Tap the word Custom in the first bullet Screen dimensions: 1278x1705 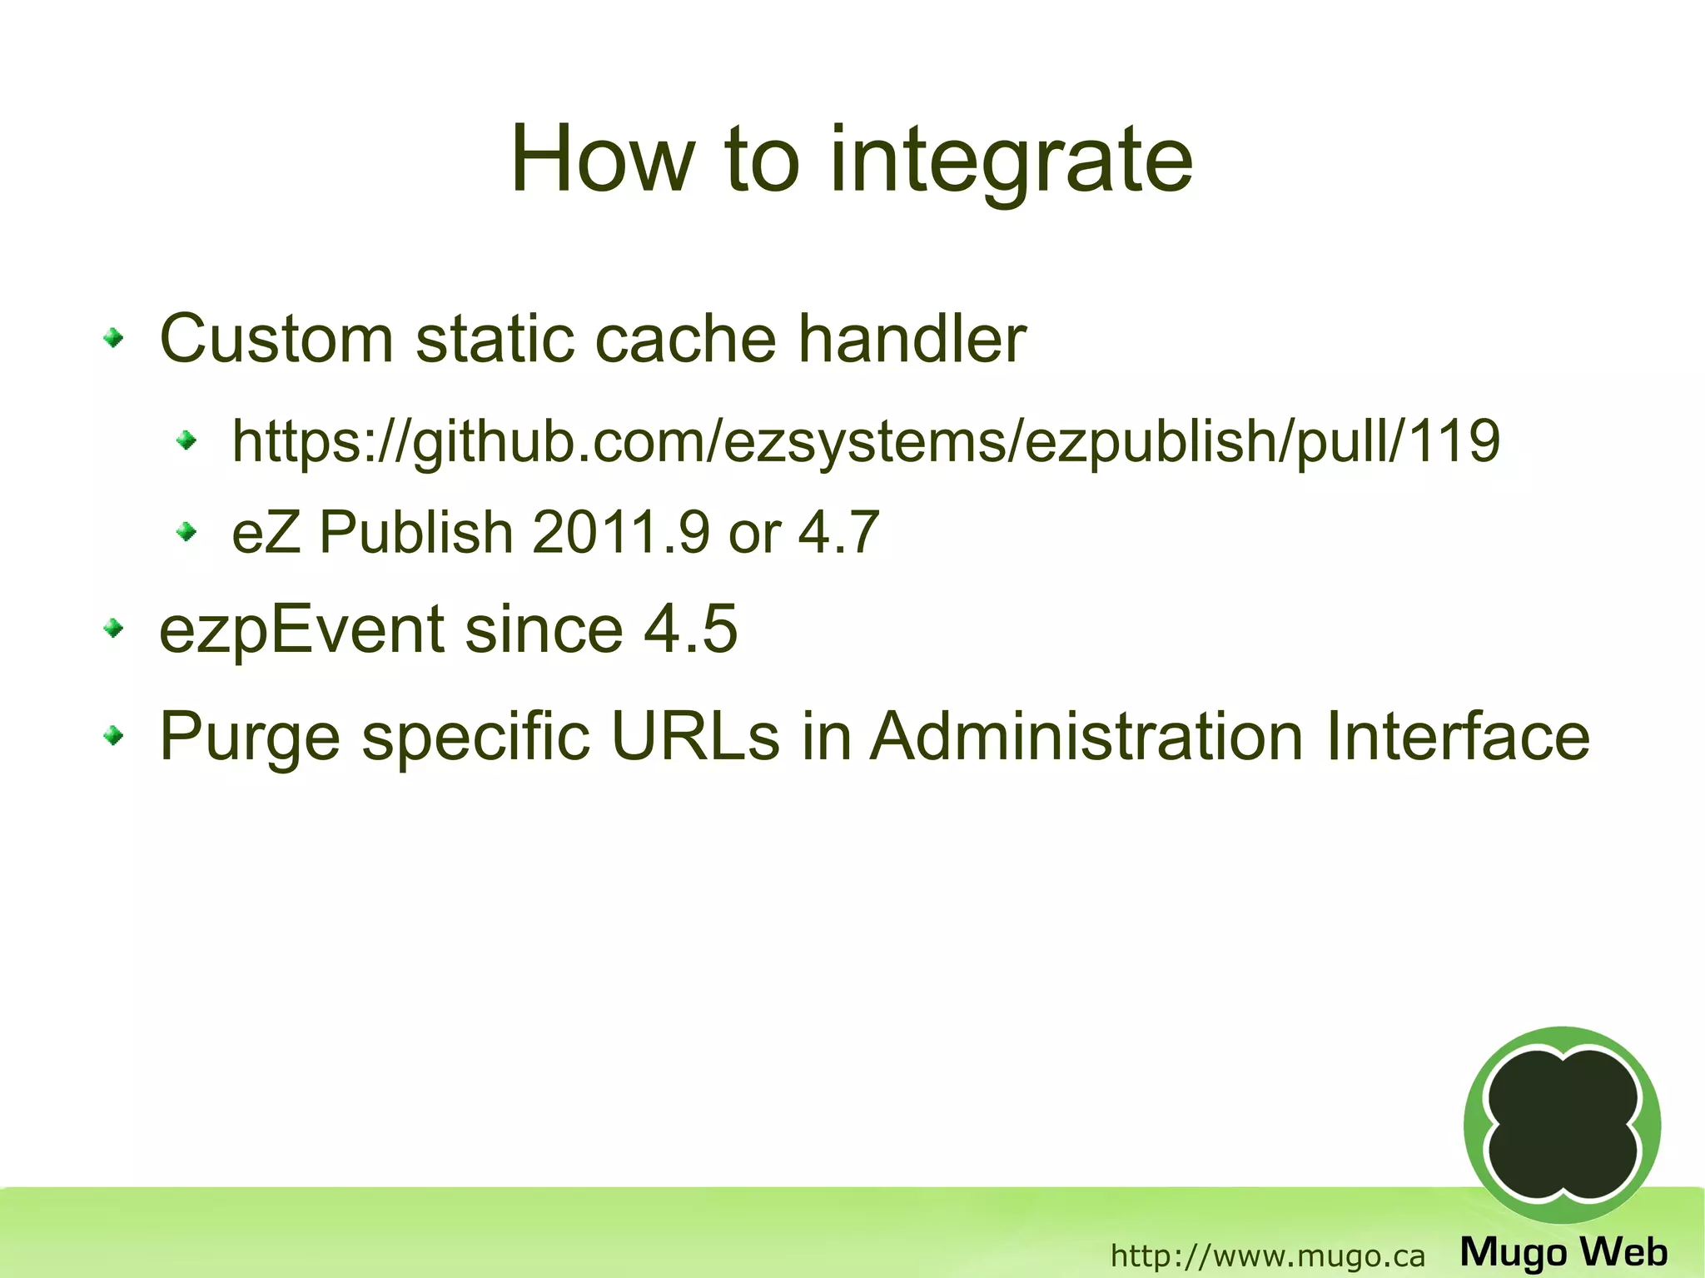click(x=276, y=339)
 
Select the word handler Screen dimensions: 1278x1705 click(x=912, y=339)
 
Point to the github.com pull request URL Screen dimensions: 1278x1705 click(x=866, y=441)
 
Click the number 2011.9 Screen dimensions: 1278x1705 click(x=620, y=533)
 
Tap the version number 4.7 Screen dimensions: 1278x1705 click(x=838, y=533)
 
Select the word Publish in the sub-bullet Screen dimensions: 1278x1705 click(x=415, y=533)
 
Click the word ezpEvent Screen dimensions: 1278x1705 click(x=301, y=630)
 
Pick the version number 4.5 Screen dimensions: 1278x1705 click(x=690, y=629)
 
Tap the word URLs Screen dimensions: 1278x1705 click(x=695, y=736)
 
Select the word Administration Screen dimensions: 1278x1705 click(x=1086, y=736)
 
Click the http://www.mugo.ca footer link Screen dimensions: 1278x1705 click(x=1267, y=1256)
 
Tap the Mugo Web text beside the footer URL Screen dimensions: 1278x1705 click(x=1563, y=1252)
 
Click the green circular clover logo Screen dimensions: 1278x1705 click(x=1562, y=1125)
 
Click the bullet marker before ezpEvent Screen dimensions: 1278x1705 click(x=114, y=629)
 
